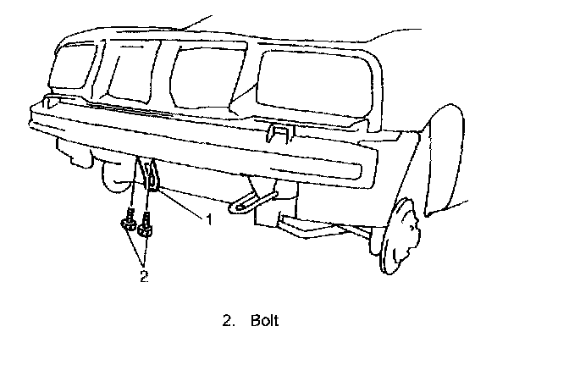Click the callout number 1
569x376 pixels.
click(x=207, y=218)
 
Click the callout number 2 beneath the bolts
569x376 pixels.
click(x=144, y=274)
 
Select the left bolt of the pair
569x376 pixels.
click(x=128, y=223)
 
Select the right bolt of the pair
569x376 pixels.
click(x=147, y=225)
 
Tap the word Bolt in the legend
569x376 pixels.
click(x=264, y=322)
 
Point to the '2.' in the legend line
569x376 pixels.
click(x=226, y=322)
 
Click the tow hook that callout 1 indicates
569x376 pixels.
click(x=150, y=176)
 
